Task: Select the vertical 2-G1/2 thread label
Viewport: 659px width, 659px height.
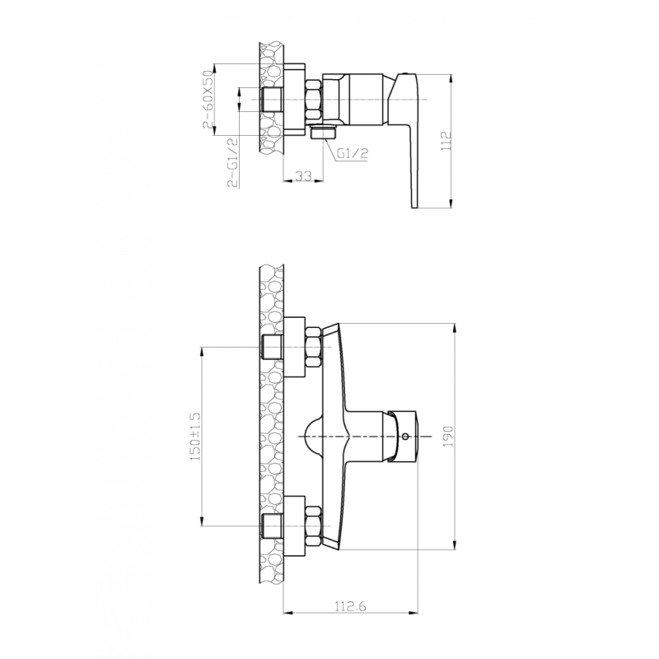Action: coord(234,161)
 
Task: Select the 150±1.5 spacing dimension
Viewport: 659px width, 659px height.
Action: coord(195,436)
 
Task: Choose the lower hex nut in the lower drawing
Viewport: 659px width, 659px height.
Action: coord(313,525)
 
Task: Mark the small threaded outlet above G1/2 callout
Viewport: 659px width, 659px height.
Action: coord(324,133)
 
